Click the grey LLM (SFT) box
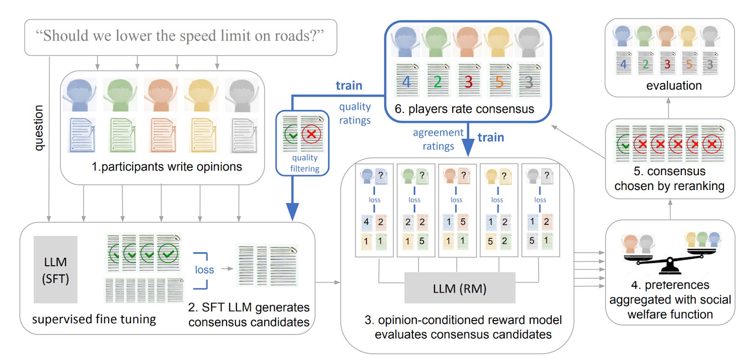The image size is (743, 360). coord(55,270)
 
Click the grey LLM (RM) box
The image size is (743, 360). coord(459,288)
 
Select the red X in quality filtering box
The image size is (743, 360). coord(312,135)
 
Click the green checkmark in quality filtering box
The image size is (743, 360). coord(292,135)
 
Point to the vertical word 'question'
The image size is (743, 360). coord(39,128)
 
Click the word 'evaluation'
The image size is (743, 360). coord(673,85)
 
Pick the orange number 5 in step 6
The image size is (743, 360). coord(499,82)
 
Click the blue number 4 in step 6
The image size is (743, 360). coord(406,82)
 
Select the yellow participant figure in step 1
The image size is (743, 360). coord(201,94)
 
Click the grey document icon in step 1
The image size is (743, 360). coord(243,136)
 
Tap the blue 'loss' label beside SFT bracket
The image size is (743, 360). coord(204,269)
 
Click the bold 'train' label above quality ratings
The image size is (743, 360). coord(349,85)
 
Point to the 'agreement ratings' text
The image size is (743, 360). coord(438,139)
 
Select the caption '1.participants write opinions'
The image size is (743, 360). coord(167,167)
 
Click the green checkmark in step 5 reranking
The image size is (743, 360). coord(623,144)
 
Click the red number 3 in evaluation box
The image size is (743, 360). coord(667,64)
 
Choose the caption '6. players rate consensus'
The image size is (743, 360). coord(464,109)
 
